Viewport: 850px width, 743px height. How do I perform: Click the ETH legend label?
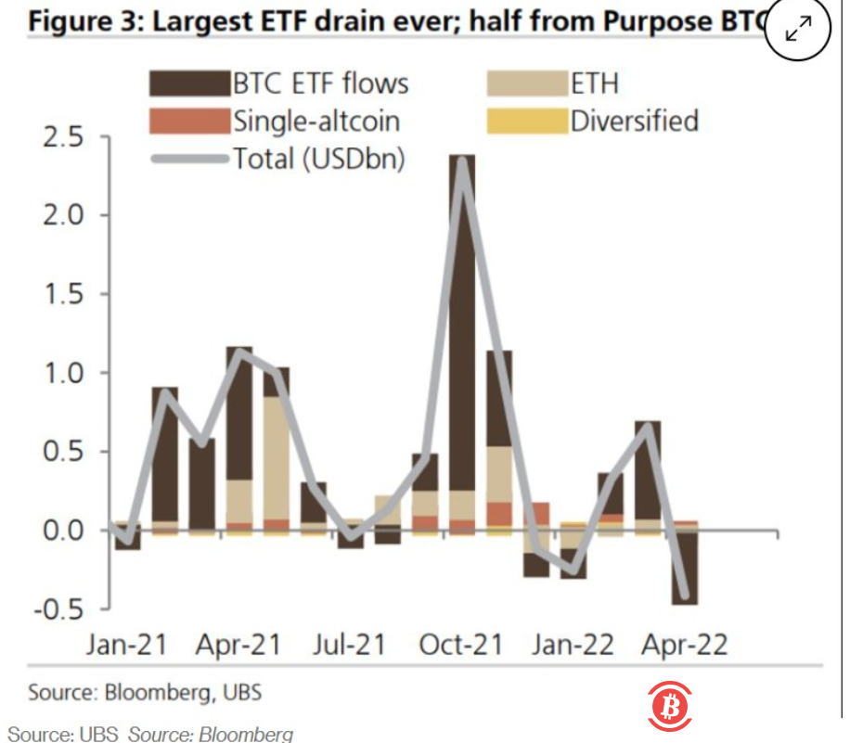594,83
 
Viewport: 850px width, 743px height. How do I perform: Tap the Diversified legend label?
635,121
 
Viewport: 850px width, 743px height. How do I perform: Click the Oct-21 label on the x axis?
457,645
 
